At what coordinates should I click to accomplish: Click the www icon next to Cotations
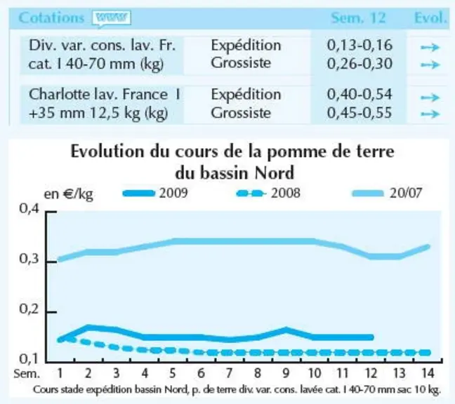coord(112,18)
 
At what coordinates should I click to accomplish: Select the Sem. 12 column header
coord(358,18)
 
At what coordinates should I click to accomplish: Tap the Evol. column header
coord(430,18)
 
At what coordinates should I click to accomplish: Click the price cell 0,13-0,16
coord(360,45)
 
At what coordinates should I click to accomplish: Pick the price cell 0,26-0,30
coord(360,63)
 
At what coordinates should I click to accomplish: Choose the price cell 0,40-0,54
coord(360,95)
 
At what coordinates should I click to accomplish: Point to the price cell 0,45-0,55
coord(360,113)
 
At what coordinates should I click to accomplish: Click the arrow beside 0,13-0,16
coord(430,47)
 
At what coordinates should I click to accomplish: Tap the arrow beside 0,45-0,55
coord(430,114)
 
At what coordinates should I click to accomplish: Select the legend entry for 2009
coord(155,193)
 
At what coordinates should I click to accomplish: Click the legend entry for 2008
coord(268,193)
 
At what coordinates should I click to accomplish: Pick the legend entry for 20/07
coord(388,193)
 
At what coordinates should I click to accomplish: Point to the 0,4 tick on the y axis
coord(29,209)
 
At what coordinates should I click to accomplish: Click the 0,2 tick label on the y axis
coord(29,309)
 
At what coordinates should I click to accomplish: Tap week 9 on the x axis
coord(286,373)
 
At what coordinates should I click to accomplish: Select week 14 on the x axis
coord(428,373)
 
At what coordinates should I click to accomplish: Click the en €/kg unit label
coord(69,194)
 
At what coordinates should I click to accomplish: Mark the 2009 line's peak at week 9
coord(286,330)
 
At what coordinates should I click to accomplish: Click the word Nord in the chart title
coord(274,173)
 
